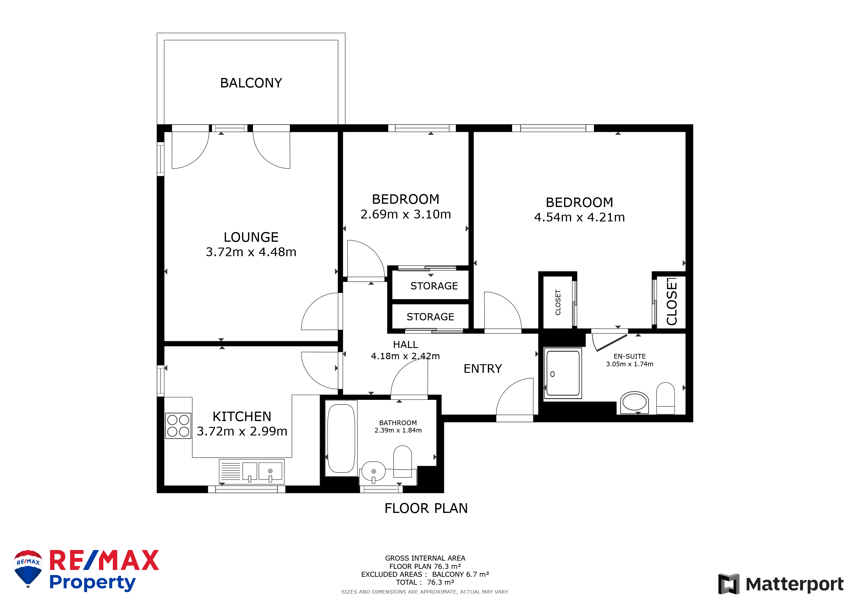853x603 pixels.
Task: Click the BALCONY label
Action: (x=251, y=83)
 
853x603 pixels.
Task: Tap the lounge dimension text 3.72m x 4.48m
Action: (x=251, y=252)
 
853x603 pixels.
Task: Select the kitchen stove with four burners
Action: (x=178, y=426)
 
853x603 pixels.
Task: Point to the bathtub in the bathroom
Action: (x=341, y=438)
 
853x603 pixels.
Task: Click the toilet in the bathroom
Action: (x=402, y=462)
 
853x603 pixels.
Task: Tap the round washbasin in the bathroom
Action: (x=373, y=472)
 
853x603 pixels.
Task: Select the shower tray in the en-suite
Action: (x=563, y=373)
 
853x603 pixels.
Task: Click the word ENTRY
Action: (x=482, y=369)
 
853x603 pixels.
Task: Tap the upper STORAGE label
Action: (x=434, y=286)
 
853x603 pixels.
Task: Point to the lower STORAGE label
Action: (x=430, y=317)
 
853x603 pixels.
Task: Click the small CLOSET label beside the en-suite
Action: (x=558, y=303)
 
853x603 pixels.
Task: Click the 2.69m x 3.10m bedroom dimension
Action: (x=406, y=214)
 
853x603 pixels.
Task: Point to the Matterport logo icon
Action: (x=728, y=584)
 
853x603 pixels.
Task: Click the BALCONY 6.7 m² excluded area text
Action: (x=460, y=574)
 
